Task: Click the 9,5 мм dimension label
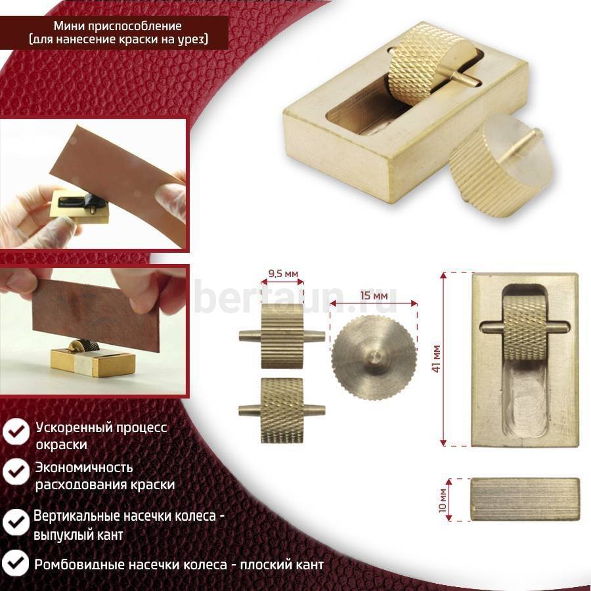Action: tap(283, 273)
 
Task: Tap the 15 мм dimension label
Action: tap(374, 295)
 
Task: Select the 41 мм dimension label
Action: tap(436, 359)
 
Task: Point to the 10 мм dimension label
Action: tap(443, 500)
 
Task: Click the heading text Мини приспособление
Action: tap(118, 26)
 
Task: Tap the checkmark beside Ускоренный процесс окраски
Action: tap(16, 431)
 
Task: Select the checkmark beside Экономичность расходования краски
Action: tap(16, 471)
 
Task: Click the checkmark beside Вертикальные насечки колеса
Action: tap(16, 523)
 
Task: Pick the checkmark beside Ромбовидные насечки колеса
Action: tap(16, 563)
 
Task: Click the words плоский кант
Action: tap(282, 565)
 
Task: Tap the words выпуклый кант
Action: tap(78, 535)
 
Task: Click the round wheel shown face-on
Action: tap(374, 357)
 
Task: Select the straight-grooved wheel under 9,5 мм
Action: tap(282, 336)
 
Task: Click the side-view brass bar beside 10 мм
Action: tap(525, 500)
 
